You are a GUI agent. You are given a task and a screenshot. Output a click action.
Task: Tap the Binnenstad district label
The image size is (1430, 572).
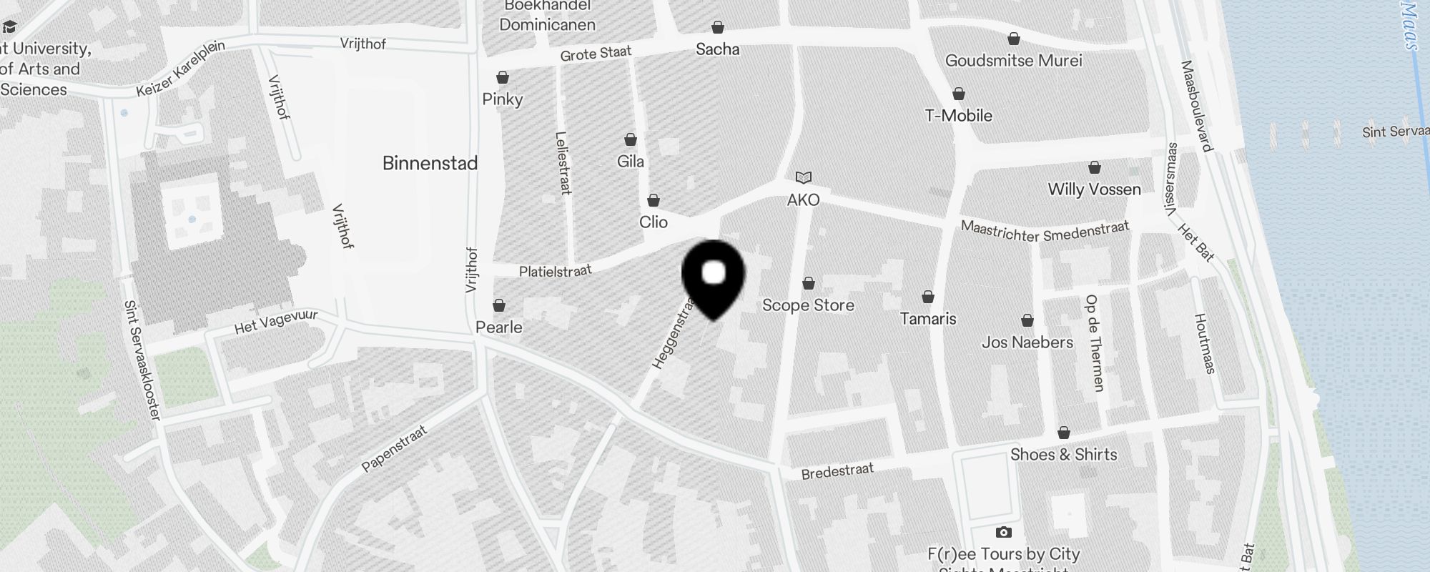click(x=430, y=163)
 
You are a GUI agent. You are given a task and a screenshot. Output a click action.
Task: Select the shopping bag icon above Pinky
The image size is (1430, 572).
click(x=503, y=77)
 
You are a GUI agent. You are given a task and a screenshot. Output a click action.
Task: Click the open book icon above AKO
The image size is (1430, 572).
click(x=804, y=177)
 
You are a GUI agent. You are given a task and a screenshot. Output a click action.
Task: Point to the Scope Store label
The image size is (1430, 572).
click(x=808, y=305)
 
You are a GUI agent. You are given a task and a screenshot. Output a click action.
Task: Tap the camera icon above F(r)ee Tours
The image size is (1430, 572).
click(x=1003, y=532)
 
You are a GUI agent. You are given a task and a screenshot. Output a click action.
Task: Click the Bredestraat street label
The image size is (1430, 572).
click(x=837, y=471)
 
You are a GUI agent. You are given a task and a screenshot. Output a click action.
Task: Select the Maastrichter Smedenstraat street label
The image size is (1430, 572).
click(x=1045, y=231)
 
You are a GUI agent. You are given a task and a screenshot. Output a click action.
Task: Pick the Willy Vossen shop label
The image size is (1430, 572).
click(x=1094, y=189)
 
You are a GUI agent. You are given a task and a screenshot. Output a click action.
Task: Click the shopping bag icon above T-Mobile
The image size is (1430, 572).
click(x=959, y=94)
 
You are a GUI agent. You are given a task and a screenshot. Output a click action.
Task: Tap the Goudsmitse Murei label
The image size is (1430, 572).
click(x=1013, y=61)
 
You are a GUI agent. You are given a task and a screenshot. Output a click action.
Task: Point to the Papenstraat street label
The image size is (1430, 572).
click(x=394, y=449)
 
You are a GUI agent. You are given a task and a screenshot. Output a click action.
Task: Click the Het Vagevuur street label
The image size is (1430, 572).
click(x=276, y=322)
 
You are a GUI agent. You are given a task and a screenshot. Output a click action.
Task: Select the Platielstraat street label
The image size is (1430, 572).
click(x=556, y=271)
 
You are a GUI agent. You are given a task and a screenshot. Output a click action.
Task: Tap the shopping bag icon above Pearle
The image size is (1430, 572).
click(x=499, y=305)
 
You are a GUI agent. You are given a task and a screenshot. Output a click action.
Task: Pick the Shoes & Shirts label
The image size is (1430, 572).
click(x=1063, y=455)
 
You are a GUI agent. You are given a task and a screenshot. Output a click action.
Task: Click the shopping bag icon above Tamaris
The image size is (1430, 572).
click(x=928, y=297)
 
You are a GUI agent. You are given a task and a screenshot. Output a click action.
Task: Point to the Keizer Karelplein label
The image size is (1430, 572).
click(x=181, y=69)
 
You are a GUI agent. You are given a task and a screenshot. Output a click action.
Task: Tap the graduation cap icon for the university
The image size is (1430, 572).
click(x=9, y=27)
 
